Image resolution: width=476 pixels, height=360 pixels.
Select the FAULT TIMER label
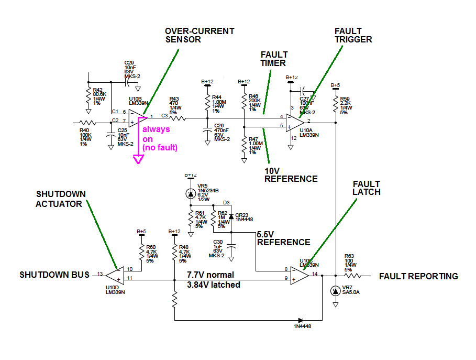(273, 59)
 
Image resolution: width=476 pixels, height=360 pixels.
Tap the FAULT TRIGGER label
(353, 35)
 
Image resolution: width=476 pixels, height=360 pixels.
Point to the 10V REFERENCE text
(291, 174)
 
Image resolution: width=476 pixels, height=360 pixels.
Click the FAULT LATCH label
(366, 188)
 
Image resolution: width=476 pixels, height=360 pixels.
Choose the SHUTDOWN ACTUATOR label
(60, 199)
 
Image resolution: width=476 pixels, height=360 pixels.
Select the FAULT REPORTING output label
(418, 276)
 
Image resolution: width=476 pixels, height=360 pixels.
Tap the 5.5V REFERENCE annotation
(283, 238)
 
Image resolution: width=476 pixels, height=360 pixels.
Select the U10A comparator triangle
(295, 122)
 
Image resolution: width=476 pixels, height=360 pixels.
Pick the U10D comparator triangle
(114, 275)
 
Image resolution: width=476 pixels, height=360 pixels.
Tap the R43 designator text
(174, 98)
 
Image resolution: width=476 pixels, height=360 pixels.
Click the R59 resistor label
(344, 98)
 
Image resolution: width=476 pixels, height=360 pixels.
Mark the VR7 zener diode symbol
(336, 291)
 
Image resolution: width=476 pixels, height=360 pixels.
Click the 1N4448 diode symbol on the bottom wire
(301, 320)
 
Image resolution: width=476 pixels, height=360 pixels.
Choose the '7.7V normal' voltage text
(211, 275)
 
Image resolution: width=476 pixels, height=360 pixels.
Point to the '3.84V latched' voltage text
(214, 285)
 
